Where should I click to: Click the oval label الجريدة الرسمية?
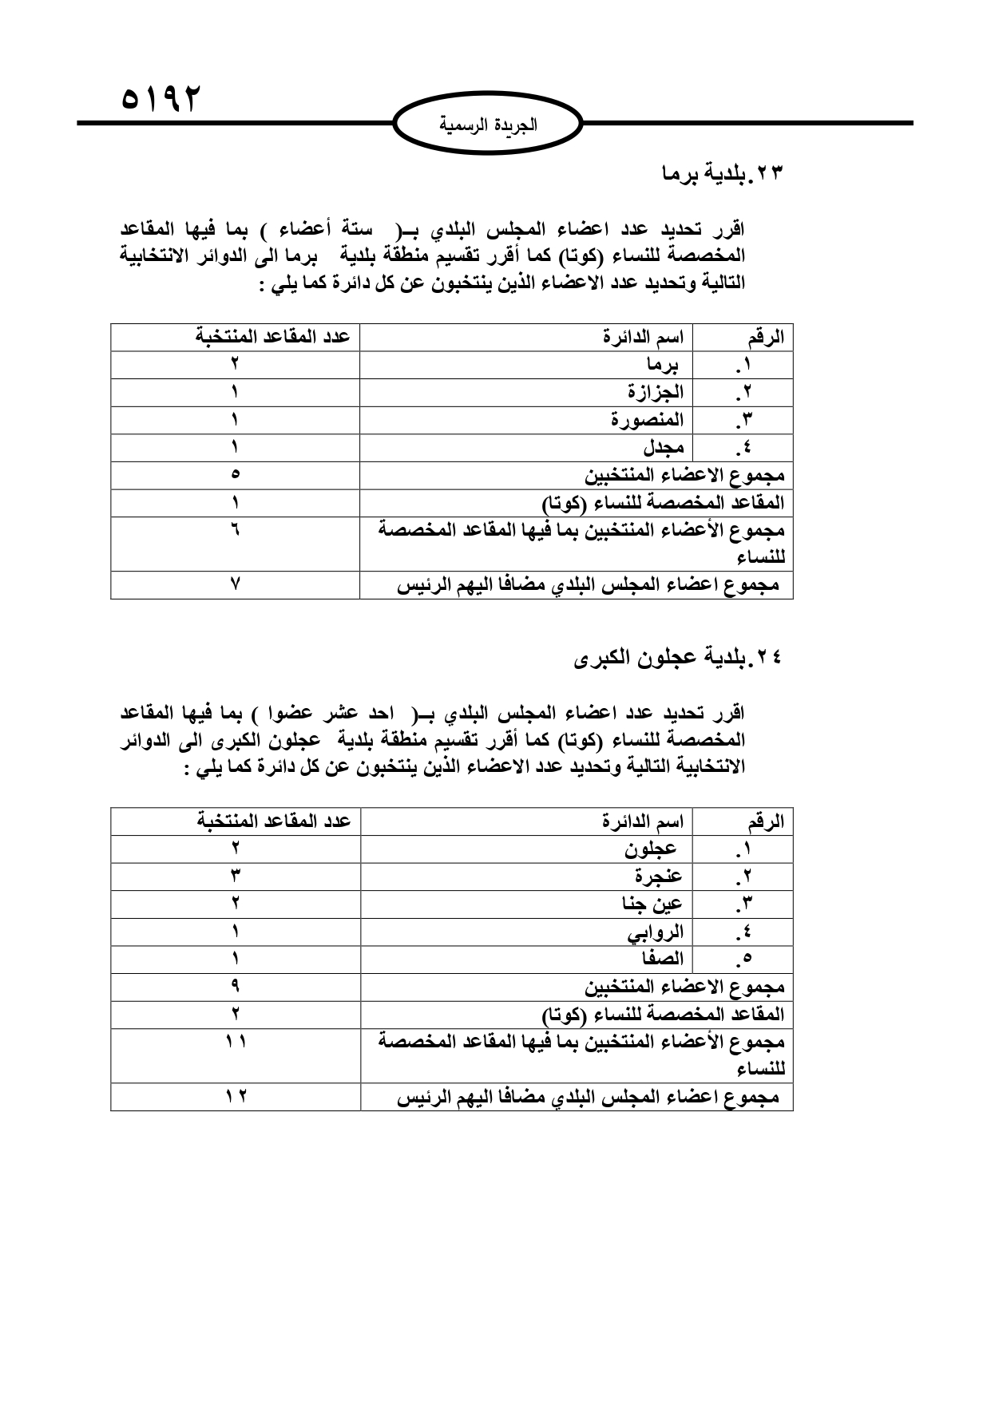coord(489,125)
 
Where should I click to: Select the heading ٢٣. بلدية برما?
coord(724,173)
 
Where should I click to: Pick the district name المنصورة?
coord(648,420)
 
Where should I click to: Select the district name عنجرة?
coord(659,876)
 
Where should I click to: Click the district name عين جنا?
coord(652,904)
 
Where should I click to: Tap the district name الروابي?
coord(656,932)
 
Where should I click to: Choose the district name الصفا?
coord(660,959)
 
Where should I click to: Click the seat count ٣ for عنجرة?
coord(236,876)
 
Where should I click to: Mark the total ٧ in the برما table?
coord(236,584)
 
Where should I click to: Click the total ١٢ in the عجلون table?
coord(236,1097)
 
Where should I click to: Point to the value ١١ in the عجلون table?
coord(236,1042)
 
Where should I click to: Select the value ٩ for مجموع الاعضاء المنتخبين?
coord(236,987)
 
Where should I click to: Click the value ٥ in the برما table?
coord(236,475)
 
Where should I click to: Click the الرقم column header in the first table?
coord(766,338)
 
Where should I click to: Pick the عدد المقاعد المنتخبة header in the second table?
coord(274,821)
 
